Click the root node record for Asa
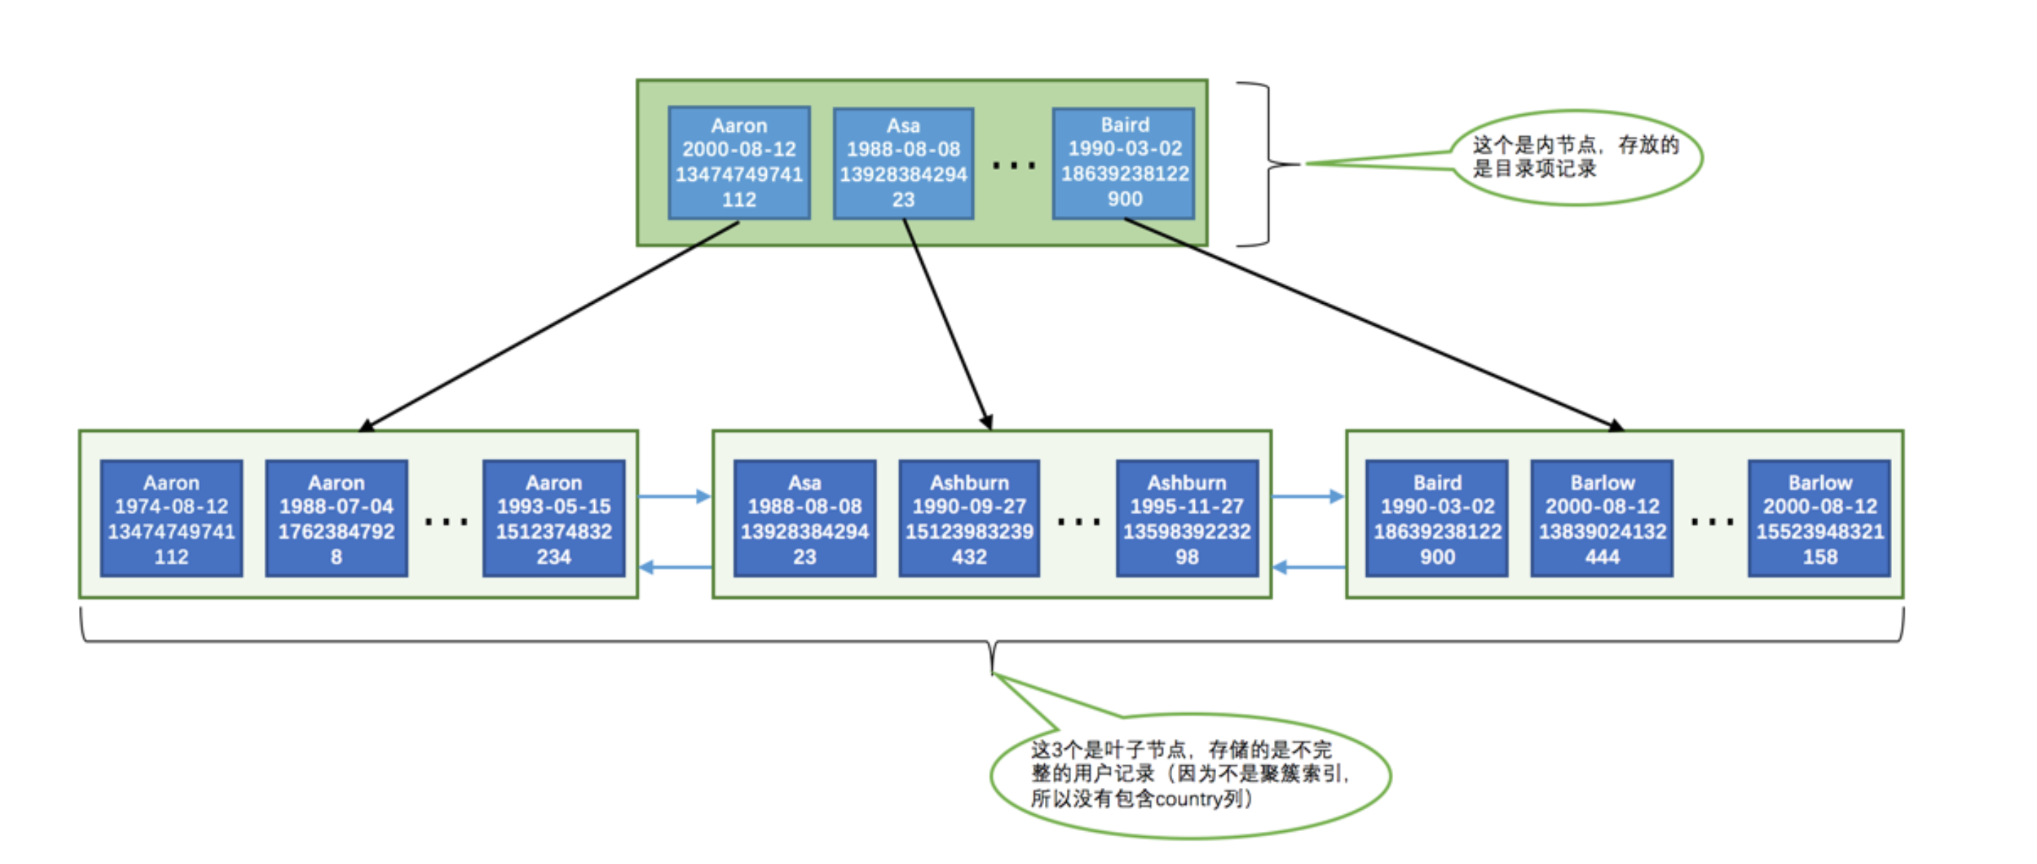pos(903,163)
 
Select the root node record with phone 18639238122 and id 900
pos(1124,163)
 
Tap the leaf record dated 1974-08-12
pos(172,519)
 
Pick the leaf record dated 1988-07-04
pos(336,519)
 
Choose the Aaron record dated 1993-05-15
pos(554,519)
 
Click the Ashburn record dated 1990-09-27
pos(969,519)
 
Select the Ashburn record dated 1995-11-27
pos(1186,519)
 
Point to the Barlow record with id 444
pos(1602,519)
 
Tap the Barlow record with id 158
pos(1820,519)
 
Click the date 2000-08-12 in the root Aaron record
pos(738,149)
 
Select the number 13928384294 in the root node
pos(903,174)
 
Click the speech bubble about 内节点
pos(1575,157)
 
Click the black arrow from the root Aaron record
pos(549,327)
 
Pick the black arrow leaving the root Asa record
pos(948,324)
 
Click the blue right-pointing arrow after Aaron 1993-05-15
pos(675,497)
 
